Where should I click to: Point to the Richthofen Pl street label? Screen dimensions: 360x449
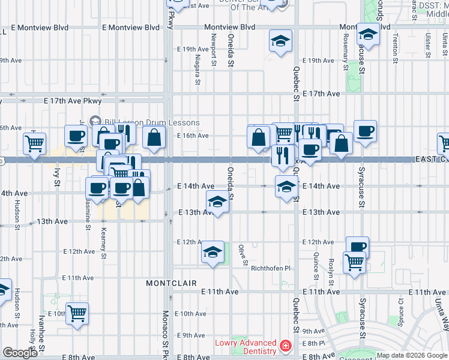[270, 268]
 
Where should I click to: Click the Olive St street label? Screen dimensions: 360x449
[243, 254]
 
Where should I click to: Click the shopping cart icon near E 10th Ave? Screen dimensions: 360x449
[77, 313]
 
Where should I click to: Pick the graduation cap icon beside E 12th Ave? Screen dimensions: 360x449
[212, 253]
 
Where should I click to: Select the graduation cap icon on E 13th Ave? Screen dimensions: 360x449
[217, 202]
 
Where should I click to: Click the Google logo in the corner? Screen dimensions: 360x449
[20, 353]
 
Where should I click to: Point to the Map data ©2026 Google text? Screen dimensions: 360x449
[412, 355]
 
